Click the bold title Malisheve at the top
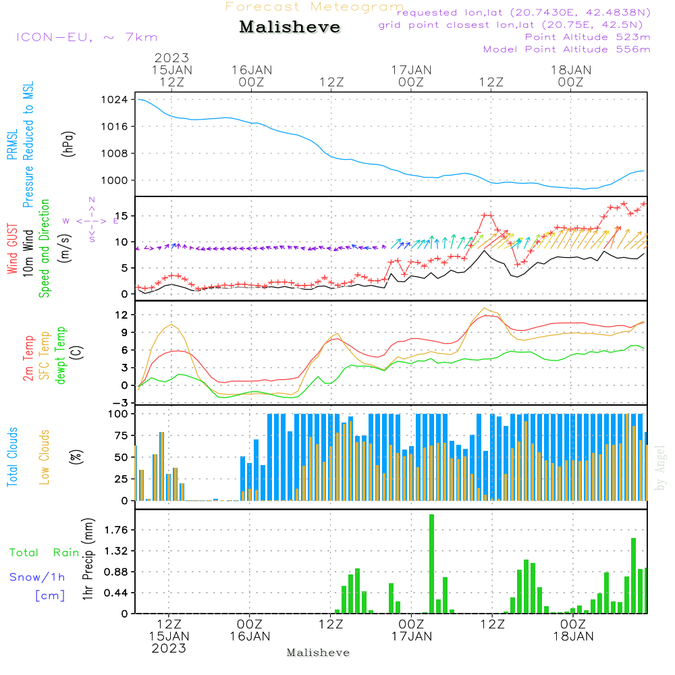(x=290, y=28)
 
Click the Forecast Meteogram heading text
(x=315, y=7)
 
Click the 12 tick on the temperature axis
(x=122, y=315)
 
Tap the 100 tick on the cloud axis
(x=119, y=413)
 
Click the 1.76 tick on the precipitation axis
(x=115, y=530)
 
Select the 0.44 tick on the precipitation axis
(x=115, y=593)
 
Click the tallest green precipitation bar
(x=431, y=564)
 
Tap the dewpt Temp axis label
(x=61, y=356)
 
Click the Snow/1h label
(x=37, y=577)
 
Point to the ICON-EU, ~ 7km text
(x=86, y=37)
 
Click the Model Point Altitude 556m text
(x=566, y=49)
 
